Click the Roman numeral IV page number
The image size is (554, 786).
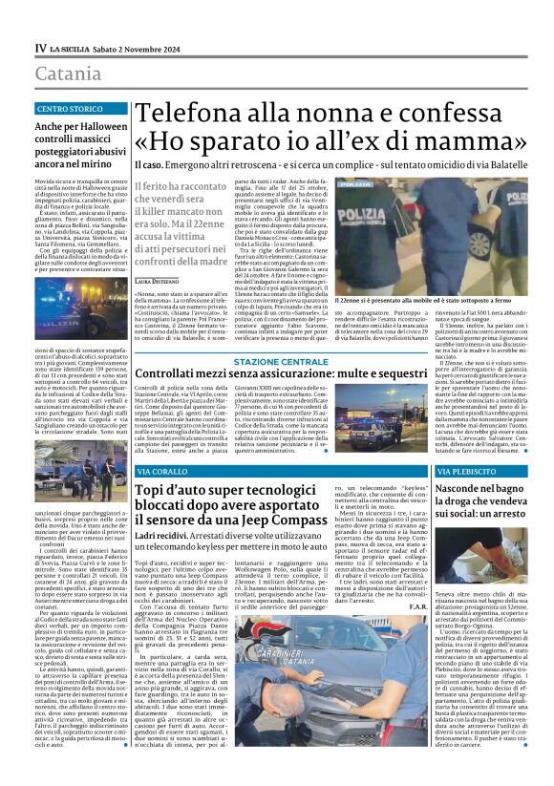point(40,48)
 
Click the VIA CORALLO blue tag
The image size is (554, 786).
point(163,473)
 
